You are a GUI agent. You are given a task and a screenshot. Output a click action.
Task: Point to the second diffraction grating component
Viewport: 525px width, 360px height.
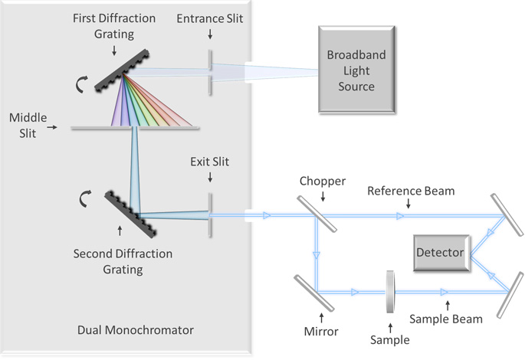tap(123, 202)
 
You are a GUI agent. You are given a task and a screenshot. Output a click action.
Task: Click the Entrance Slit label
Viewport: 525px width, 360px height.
tap(209, 18)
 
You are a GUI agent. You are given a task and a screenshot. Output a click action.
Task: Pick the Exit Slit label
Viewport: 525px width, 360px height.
tap(209, 162)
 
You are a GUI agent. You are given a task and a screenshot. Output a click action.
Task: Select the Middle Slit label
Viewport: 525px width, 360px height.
tap(26, 125)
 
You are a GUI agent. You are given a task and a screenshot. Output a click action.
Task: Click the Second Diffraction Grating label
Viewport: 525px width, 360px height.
tap(123, 261)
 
